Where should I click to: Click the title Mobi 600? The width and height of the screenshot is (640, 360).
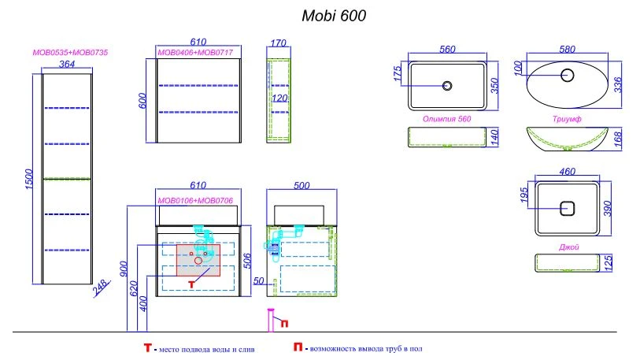point(334,16)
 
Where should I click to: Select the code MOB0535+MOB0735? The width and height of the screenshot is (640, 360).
point(70,52)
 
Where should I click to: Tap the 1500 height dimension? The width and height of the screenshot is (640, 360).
point(28,179)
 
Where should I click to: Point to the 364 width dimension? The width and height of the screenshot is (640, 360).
point(67,64)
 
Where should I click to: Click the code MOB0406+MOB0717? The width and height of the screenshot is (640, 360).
point(195,52)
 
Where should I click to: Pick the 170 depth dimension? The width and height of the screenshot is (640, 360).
point(279,43)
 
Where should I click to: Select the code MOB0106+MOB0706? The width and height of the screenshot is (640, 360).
point(195,201)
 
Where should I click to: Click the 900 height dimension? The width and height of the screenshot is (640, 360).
point(124,269)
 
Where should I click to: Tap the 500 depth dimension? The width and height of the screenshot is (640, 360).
point(302,186)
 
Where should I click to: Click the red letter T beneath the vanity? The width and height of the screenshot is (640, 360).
point(191,284)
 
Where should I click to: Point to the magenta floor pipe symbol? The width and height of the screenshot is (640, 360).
point(270,320)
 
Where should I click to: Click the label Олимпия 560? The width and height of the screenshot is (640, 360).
point(446,119)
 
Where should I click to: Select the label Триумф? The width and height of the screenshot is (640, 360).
point(567,119)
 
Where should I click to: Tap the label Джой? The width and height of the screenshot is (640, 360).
point(568,247)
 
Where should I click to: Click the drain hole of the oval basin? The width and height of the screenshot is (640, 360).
point(567,75)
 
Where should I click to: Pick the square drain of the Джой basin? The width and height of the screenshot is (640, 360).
point(567,209)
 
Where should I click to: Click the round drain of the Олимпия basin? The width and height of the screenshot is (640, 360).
point(447,86)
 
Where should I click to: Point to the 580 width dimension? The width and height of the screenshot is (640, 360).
point(567,50)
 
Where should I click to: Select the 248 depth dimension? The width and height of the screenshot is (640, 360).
point(101,288)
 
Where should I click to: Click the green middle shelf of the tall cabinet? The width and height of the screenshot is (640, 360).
point(67,179)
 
